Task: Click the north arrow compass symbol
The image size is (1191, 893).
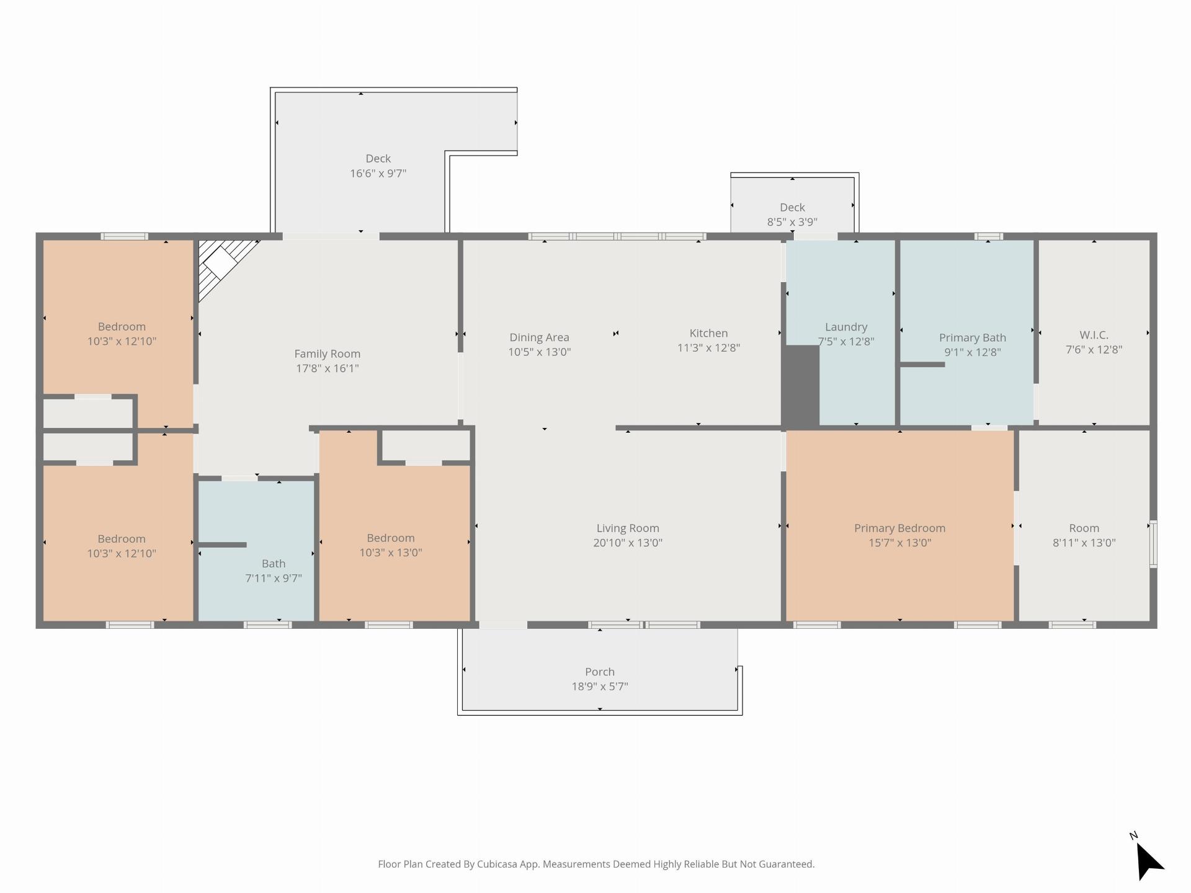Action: click(1148, 860)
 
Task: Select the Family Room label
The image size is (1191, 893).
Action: click(327, 353)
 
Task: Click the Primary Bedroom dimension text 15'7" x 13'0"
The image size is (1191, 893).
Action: click(900, 543)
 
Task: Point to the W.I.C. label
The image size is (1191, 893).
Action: click(1094, 335)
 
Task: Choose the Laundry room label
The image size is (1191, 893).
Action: click(846, 327)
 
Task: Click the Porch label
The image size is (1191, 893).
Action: click(600, 672)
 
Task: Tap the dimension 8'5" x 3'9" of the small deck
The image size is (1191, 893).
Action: click(792, 222)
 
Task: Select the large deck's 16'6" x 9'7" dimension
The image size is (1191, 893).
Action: click(378, 173)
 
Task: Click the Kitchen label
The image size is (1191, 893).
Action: click(708, 333)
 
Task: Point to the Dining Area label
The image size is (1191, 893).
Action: click(539, 337)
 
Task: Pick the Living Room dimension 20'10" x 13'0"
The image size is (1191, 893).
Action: click(628, 543)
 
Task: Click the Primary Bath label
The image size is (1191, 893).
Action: click(972, 337)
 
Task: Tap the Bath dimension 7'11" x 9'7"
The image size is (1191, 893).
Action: click(274, 578)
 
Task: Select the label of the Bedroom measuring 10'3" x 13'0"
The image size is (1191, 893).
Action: click(390, 538)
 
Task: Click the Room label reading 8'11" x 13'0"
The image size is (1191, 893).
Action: click(1084, 528)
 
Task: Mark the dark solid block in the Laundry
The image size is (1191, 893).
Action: click(801, 385)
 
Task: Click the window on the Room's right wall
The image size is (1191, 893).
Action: click(1153, 544)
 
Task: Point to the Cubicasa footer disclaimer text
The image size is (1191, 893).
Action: click(596, 864)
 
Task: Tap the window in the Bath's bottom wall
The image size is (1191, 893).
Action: click(267, 624)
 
